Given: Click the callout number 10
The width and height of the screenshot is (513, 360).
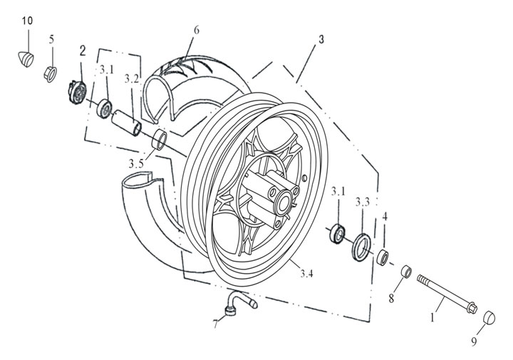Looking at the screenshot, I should pos(27,20).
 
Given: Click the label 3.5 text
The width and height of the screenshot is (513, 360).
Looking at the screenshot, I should pos(136,165).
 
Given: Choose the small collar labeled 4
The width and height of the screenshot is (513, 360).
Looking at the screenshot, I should pos(383,256).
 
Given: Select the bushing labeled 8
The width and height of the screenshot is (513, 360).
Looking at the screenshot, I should pos(405,272).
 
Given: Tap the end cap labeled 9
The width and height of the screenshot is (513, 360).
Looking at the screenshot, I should pos(490,317).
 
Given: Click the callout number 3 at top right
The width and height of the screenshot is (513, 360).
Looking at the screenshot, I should pos(321,40).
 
